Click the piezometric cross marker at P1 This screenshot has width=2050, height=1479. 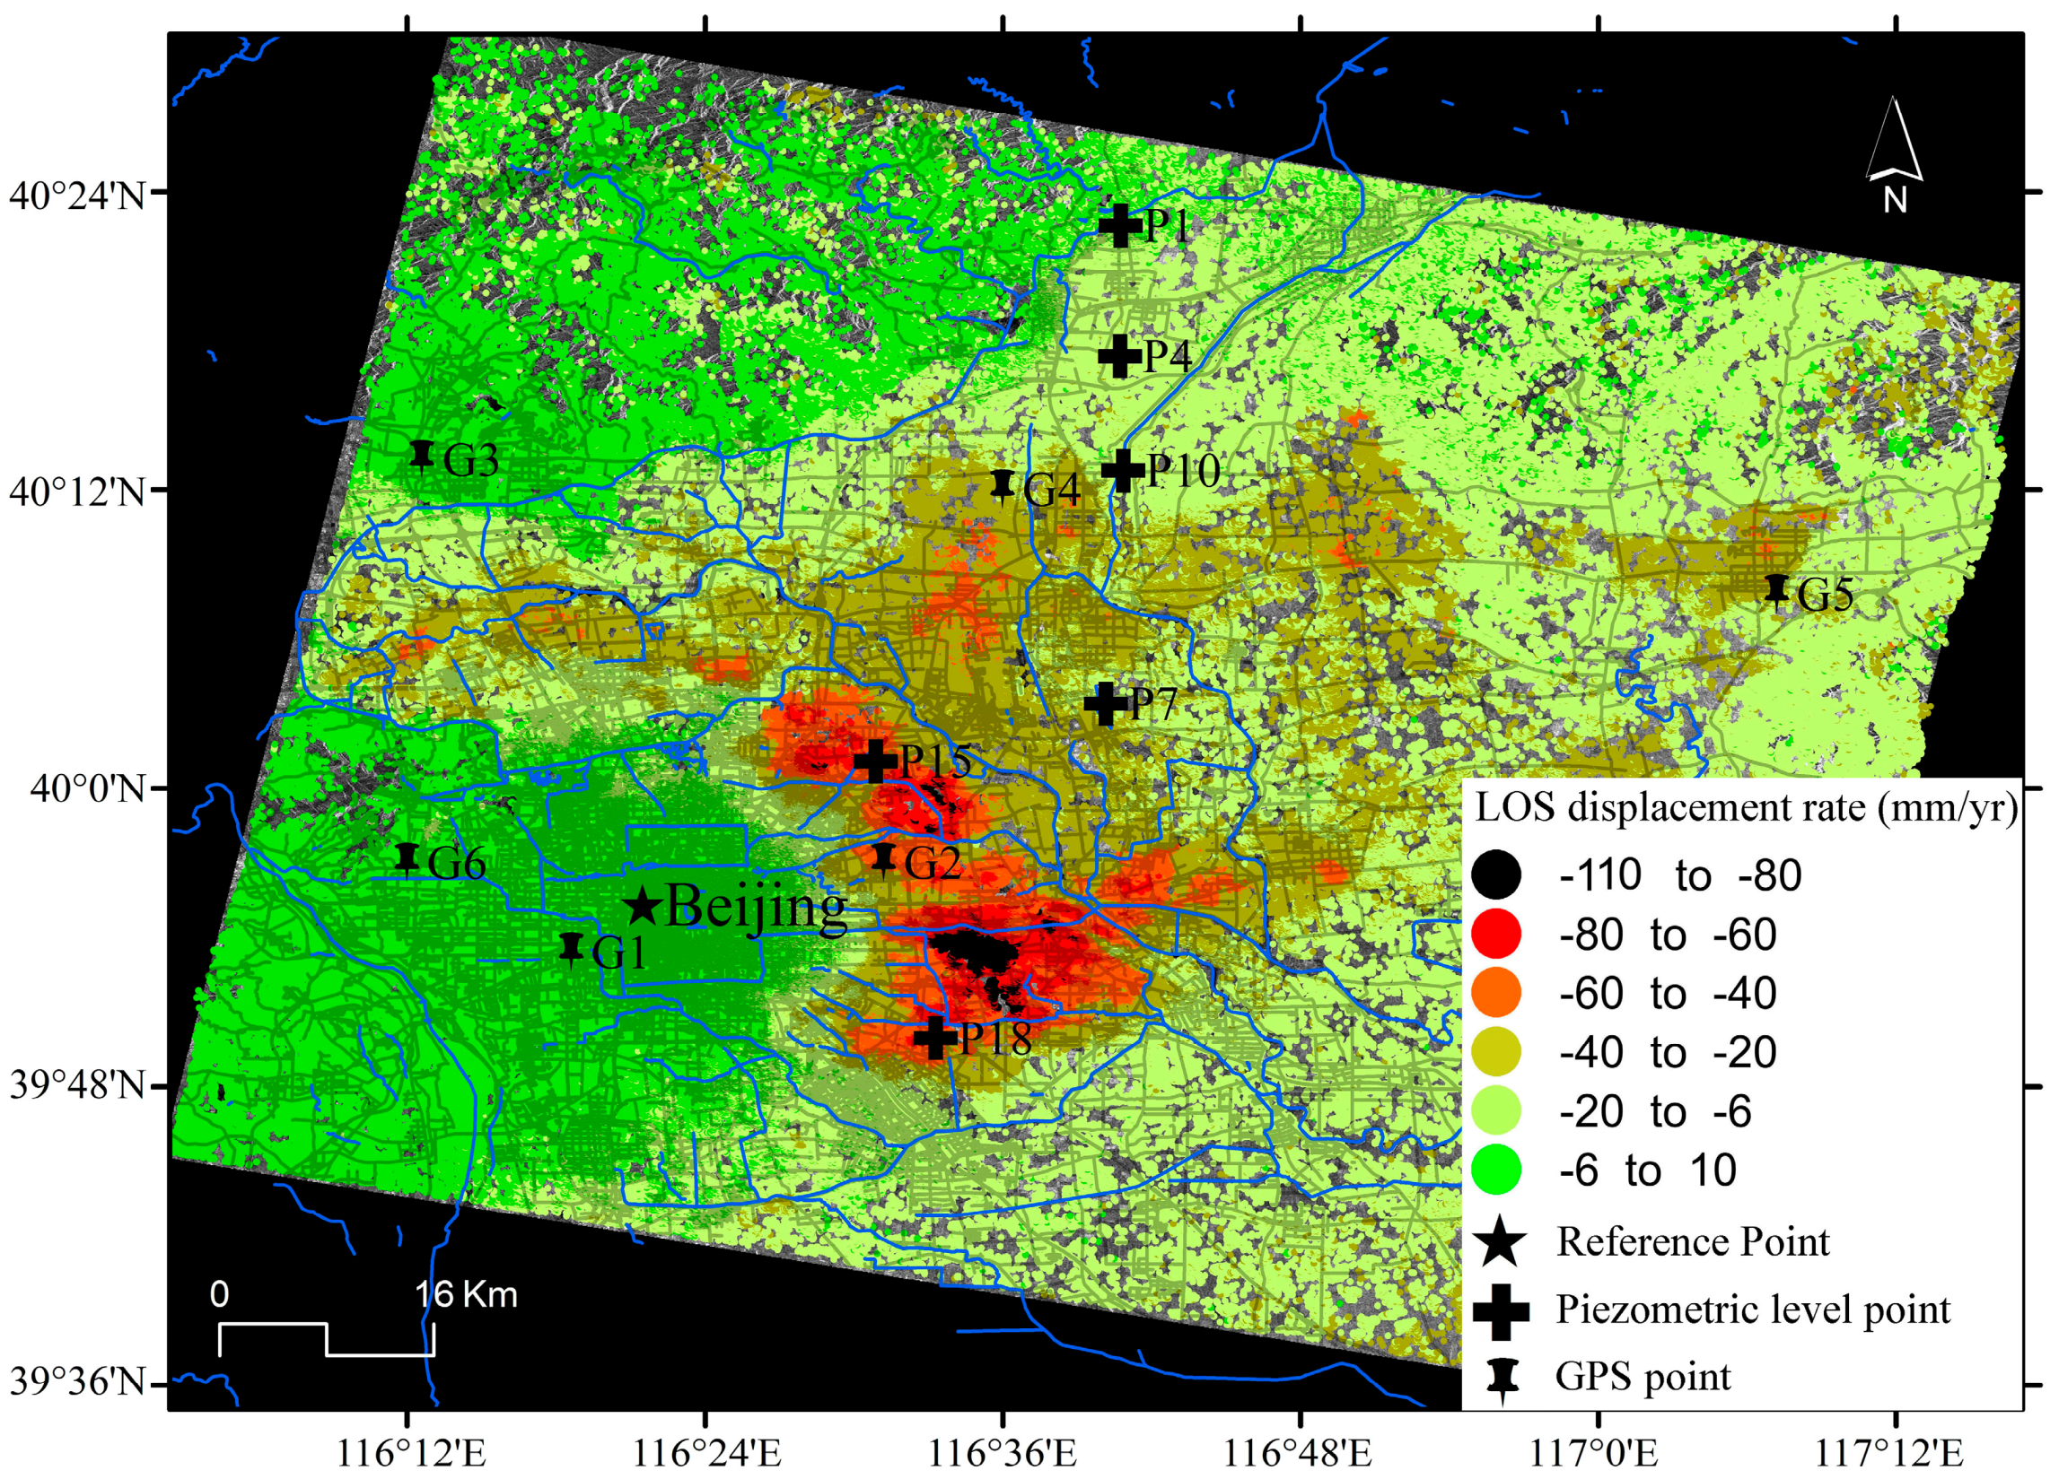click(1120, 225)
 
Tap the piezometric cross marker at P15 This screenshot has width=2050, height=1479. click(875, 761)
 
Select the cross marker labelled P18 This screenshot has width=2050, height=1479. click(935, 1037)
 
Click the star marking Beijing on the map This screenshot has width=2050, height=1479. click(643, 905)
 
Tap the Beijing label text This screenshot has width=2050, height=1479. click(756, 906)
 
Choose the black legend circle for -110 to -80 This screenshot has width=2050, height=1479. click(1496, 874)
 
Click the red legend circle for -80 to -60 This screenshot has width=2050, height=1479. click(1496, 934)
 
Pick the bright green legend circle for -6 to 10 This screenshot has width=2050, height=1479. click(1496, 1170)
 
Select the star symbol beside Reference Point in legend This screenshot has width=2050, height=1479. click(1501, 1241)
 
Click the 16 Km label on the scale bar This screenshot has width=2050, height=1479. click(467, 1295)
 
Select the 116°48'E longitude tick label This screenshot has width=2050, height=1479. click(1298, 1454)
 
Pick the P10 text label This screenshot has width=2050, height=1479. click(1183, 471)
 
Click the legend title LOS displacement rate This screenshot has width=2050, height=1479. click(1746, 807)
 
